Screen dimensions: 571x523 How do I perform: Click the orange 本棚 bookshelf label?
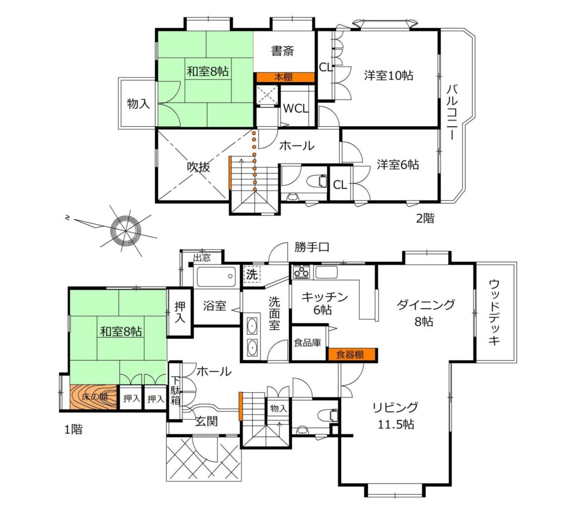tap(283, 77)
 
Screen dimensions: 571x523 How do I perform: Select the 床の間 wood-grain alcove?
tap(94, 397)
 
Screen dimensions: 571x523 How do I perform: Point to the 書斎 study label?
tap(283, 51)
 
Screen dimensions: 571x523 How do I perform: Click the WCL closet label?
tap(296, 109)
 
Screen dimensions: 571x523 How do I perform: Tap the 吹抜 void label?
tap(199, 167)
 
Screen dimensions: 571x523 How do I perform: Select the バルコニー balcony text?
tap(452, 112)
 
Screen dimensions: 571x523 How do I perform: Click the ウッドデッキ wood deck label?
tap(494, 312)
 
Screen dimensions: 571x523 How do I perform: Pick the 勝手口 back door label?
tap(312, 247)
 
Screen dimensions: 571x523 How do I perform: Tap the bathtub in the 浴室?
tap(216, 277)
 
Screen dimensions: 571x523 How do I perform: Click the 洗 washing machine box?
tap(252, 275)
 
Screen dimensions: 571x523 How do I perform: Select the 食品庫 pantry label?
tap(308, 343)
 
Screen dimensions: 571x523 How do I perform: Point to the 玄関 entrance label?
tap(206, 421)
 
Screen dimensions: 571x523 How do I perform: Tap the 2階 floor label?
tap(425, 218)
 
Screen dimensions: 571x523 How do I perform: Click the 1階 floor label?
tap(74, 429)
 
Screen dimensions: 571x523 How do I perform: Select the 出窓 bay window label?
tap(202, 258)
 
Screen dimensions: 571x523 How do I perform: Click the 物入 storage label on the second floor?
tap(138, 103)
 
